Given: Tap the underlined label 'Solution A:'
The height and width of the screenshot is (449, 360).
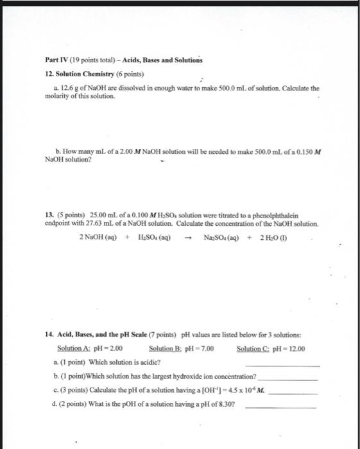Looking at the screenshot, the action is (x=71, y=349).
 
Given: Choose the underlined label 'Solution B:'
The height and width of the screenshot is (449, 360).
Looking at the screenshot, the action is (x=164, y=349).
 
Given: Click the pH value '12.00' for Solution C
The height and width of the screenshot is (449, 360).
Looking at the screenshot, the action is (x=296, y=349).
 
